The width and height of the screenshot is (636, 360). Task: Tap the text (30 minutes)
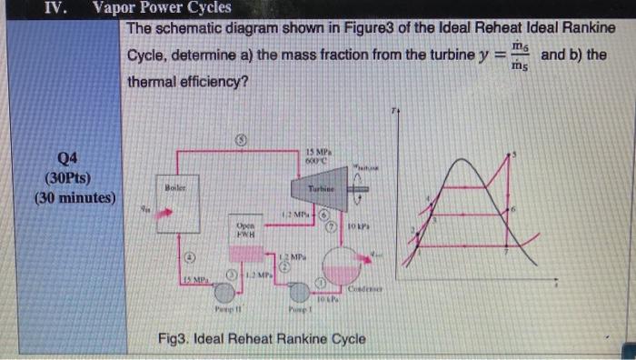(70, 196)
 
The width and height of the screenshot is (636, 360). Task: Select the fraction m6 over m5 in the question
(519, 56)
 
